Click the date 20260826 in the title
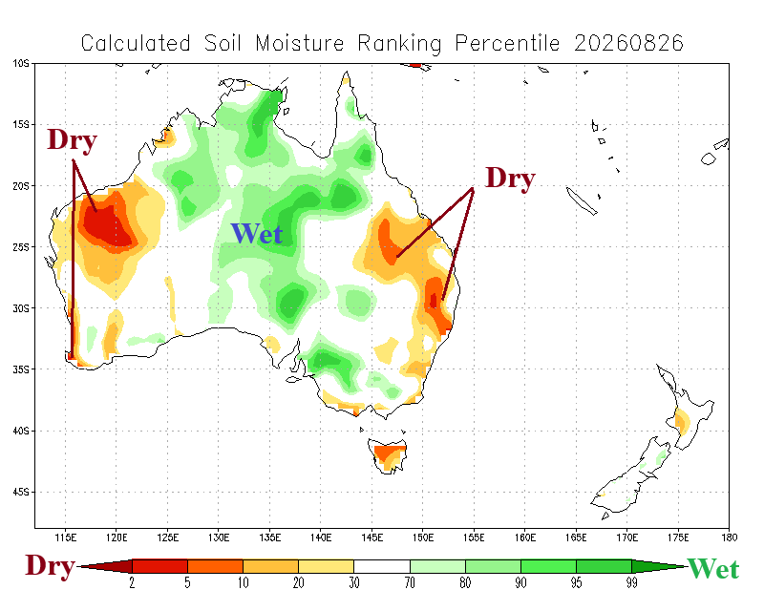[x=628, y=43]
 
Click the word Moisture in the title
[x=300, y=43]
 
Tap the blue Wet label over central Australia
[x=257, y=233]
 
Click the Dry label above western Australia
[x=73, y=140]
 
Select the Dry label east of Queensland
[x=510, y=179]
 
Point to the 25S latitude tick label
[x=21, y=247]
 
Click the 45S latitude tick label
[x=21, y=492]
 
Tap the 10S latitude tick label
[x=21, y=63]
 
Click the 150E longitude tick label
[x=422, y=537]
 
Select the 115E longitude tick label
[x=65, y=537]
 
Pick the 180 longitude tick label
[x=729, y=537]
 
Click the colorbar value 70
[x=410, y=582]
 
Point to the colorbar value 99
[x=631, y=582]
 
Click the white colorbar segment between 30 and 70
[x=382, y=566]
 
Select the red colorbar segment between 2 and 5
[x=159, y=566]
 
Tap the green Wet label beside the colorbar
[x=713, y=569]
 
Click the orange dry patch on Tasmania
[x=389, y=454]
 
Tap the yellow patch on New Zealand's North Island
[x=682, y=421]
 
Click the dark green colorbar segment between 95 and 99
[x=604, y=566]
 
